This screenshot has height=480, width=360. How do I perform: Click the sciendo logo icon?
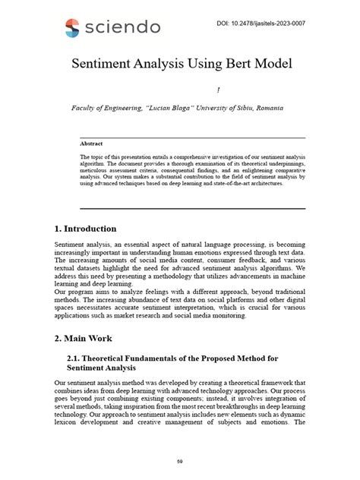point(71,28)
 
